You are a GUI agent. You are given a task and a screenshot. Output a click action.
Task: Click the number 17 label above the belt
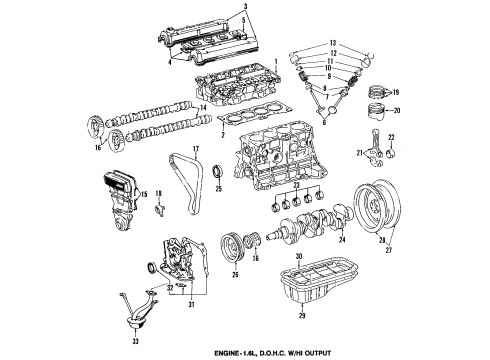coord(196,151)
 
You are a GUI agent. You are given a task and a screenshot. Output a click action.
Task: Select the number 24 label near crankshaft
coord(343,240)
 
